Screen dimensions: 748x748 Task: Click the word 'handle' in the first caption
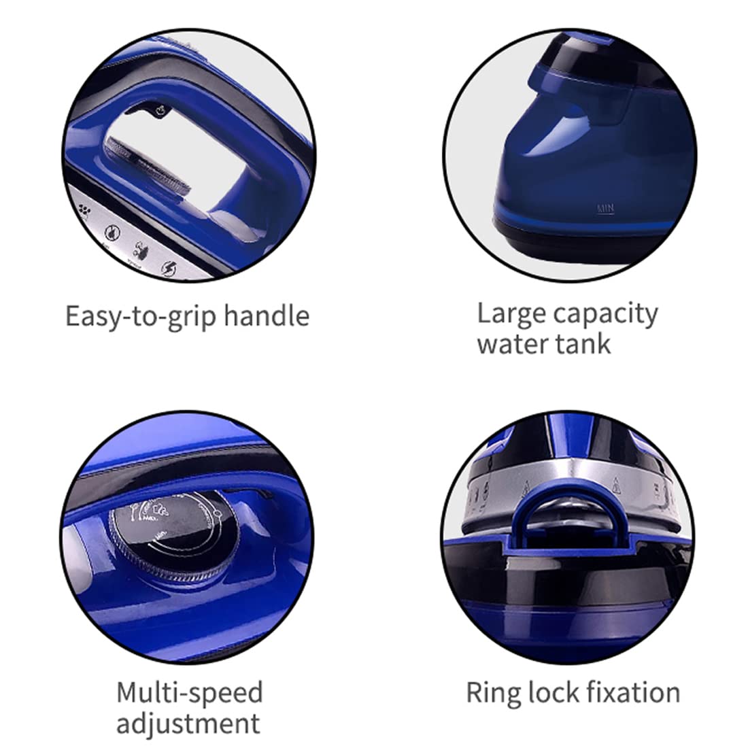(267, 316)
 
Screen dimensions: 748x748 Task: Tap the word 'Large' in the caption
(511, 315)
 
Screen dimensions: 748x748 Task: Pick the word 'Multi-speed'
(190, 693)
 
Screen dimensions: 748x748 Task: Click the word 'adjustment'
(188, 724)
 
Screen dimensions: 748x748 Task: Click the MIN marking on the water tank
(606, 209)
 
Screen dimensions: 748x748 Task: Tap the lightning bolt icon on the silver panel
(169, 269)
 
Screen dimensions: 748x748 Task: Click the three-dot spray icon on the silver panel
(85, 210)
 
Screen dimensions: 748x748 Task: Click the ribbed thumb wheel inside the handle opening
(149, 166)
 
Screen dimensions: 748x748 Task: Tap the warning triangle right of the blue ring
(616, 484)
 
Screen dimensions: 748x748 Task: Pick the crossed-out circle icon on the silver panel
(112, 232)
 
